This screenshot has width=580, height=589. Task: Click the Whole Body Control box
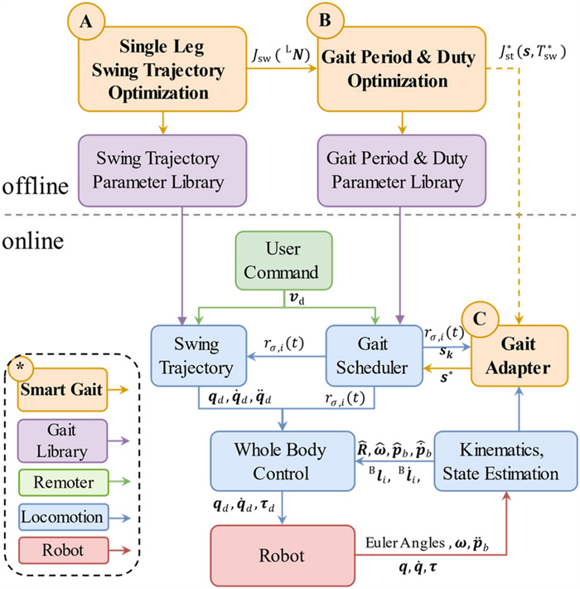tap(271, 460)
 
